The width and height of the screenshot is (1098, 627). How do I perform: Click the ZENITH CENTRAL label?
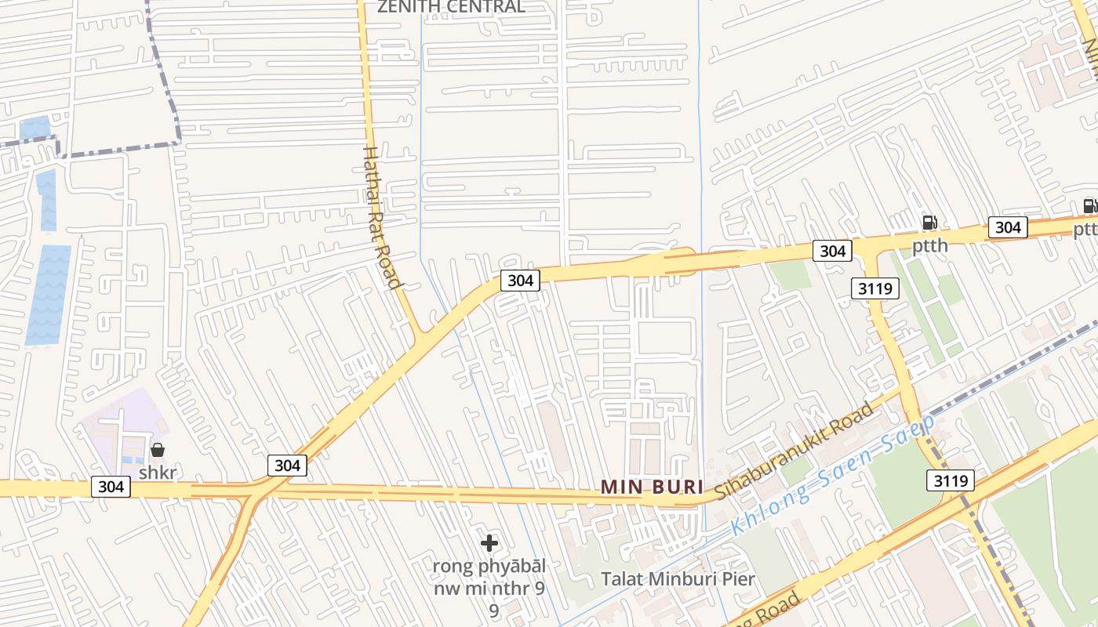pos(451,7)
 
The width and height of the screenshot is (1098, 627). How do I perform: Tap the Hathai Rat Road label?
pos(383,216)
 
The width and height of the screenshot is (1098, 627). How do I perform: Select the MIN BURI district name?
pos(652,487)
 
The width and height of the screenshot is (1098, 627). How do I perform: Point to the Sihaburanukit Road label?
pos(794,451)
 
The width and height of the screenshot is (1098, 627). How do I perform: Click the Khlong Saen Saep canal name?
pos(833,476)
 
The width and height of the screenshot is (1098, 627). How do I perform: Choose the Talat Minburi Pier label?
pos(678,579)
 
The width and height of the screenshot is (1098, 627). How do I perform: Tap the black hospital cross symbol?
pos(489,542)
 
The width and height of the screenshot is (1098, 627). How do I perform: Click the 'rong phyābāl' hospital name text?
pos(489,566)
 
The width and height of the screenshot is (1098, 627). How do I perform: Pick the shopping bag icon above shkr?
pos(158,450)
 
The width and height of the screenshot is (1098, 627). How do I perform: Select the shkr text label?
pos(158,473)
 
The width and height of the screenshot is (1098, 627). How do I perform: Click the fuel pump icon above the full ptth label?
pos(929,223)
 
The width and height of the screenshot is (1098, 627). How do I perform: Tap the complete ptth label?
pos(929,246)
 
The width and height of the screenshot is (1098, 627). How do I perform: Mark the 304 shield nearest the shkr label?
pos(111,487)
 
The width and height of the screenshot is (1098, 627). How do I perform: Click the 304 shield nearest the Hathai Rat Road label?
pos(520,281)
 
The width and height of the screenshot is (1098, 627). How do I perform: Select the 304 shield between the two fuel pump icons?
pos(1007,227)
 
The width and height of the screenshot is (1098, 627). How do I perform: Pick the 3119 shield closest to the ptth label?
pos(875,288)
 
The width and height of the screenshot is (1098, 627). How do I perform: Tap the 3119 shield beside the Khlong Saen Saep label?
pos(950,480)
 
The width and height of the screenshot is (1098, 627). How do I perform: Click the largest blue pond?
pos(49,294)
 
